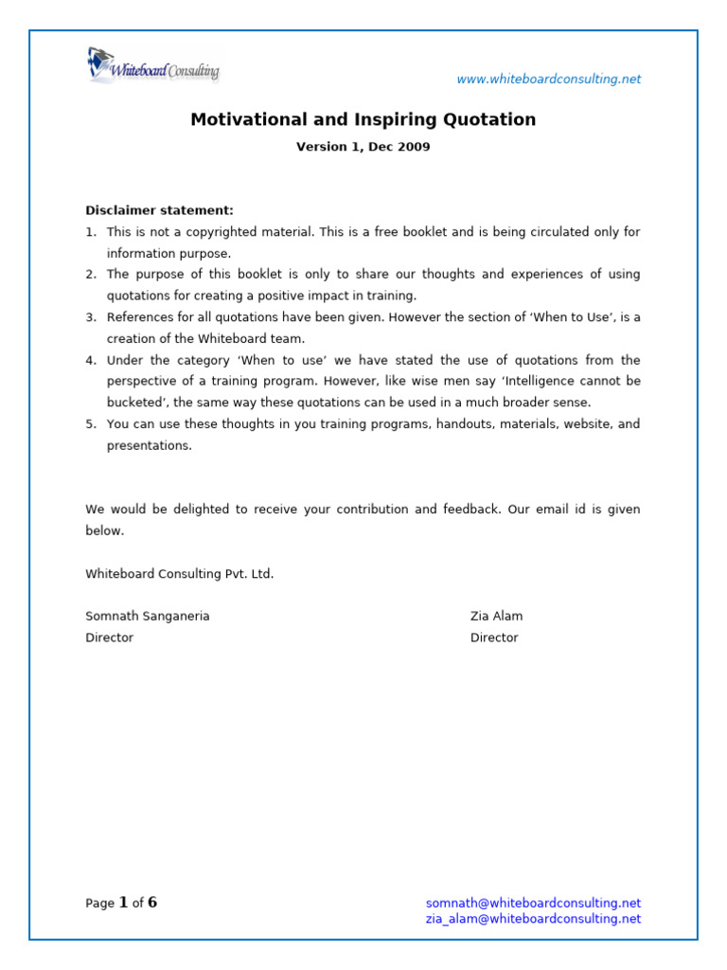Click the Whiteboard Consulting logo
point(152,67)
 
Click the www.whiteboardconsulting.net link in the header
point(548,80)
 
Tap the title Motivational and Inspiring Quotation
point(363,120)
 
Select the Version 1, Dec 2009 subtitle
point(363,148)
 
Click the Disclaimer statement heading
point(159,210)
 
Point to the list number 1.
point(90,232)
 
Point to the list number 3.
point(90,317)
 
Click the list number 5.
point(90,424)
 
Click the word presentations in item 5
point(149,446)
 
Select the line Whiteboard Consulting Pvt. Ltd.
point(179,574)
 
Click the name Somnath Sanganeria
point(148,617)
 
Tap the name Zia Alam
point(496,617)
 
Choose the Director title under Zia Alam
point(494,638)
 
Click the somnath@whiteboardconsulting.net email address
point(533,904)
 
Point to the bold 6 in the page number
point(152,903)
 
